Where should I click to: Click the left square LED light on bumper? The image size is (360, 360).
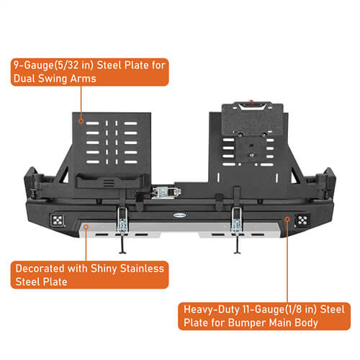[56, 221]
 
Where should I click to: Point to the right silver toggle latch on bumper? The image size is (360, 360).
[235, 222]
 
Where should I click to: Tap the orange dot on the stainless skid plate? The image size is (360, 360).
[86, 227]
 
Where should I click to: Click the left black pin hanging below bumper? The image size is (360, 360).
[123, 246]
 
